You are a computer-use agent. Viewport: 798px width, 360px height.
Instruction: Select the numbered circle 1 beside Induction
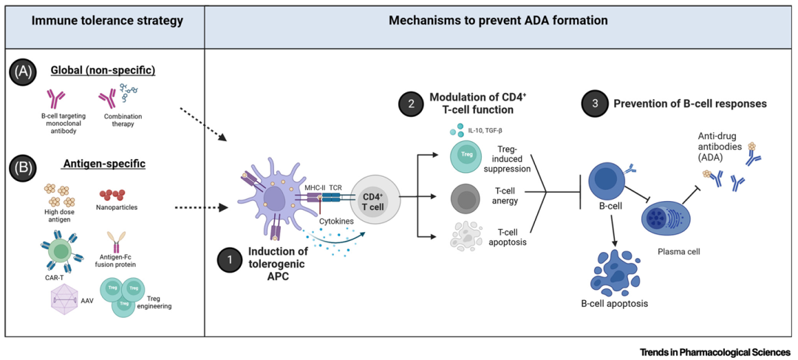230,260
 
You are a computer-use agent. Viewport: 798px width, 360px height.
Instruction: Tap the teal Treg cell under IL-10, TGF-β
467,156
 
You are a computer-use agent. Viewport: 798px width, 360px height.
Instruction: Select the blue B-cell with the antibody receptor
607,180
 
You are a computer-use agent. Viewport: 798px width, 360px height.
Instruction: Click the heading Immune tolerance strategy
107,21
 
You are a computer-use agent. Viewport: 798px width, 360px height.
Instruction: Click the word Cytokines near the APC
335,220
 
